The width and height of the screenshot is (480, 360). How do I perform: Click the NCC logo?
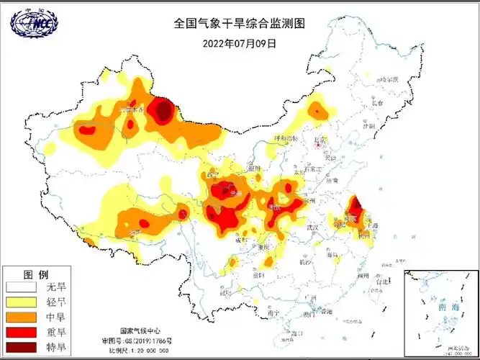(33, 24)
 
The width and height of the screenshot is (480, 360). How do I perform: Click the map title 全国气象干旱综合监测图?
(240, 23)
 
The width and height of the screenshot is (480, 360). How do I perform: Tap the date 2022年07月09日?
(240, 42)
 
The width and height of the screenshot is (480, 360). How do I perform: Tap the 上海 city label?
(373, 225)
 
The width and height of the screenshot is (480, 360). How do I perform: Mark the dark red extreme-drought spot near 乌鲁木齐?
(164, 111)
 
